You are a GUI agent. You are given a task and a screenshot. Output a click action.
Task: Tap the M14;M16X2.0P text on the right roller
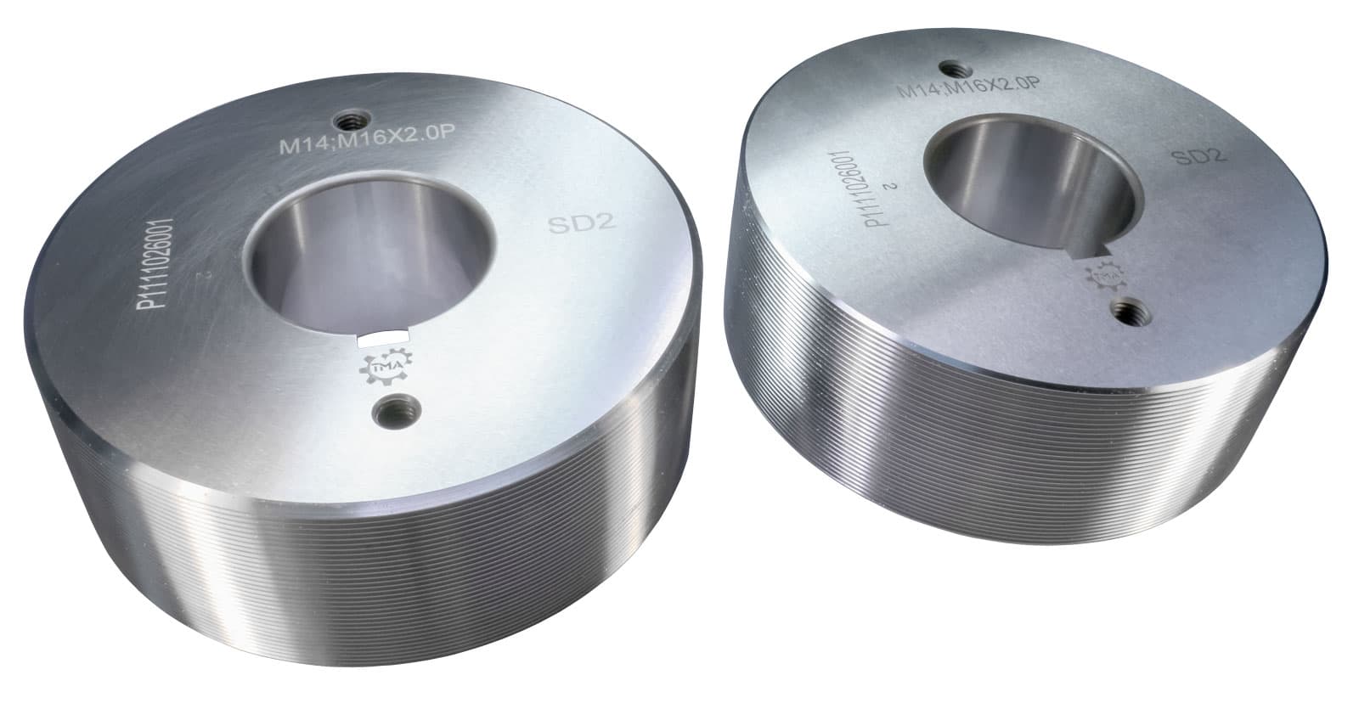click(969, 87)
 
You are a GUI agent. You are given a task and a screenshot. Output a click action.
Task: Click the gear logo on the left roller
click(387, 367)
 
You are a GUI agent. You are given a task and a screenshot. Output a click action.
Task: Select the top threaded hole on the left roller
click(347, 117)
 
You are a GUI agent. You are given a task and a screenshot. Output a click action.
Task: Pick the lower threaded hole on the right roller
click(1130, 312)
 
